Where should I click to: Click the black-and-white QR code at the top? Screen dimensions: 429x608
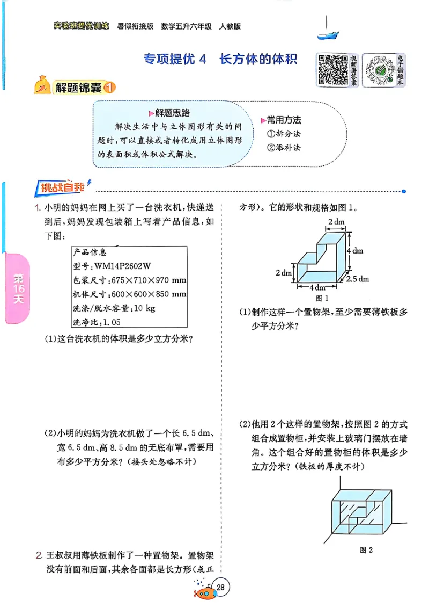point(331,70)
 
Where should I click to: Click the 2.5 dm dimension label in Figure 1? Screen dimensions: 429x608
point(358,279)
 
